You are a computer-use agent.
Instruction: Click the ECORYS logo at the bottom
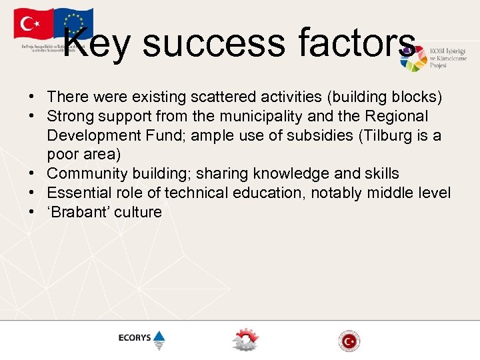(141, 338)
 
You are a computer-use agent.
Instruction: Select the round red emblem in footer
(348, 340)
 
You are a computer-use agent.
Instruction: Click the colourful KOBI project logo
(414, 59)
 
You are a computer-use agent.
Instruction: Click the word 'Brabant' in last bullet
(78, 213)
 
